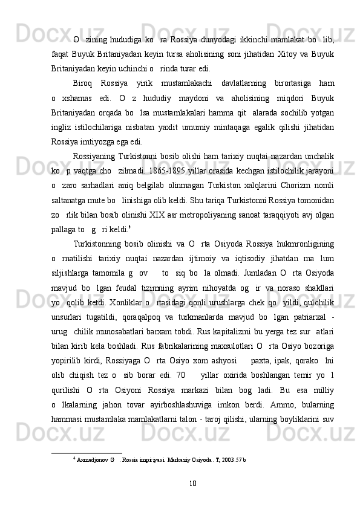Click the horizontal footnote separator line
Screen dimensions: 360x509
click(87, 452)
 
